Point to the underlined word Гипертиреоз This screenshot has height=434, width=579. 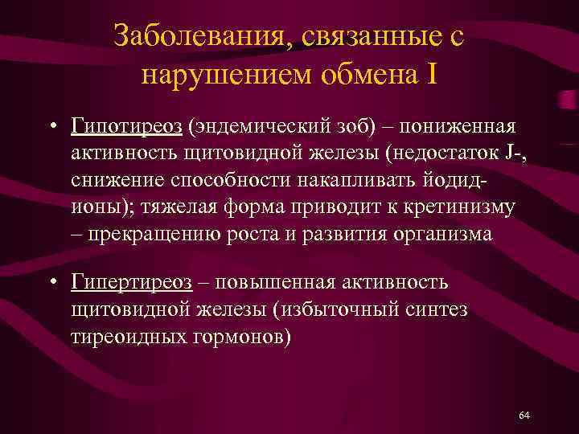[x=132, y=283]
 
